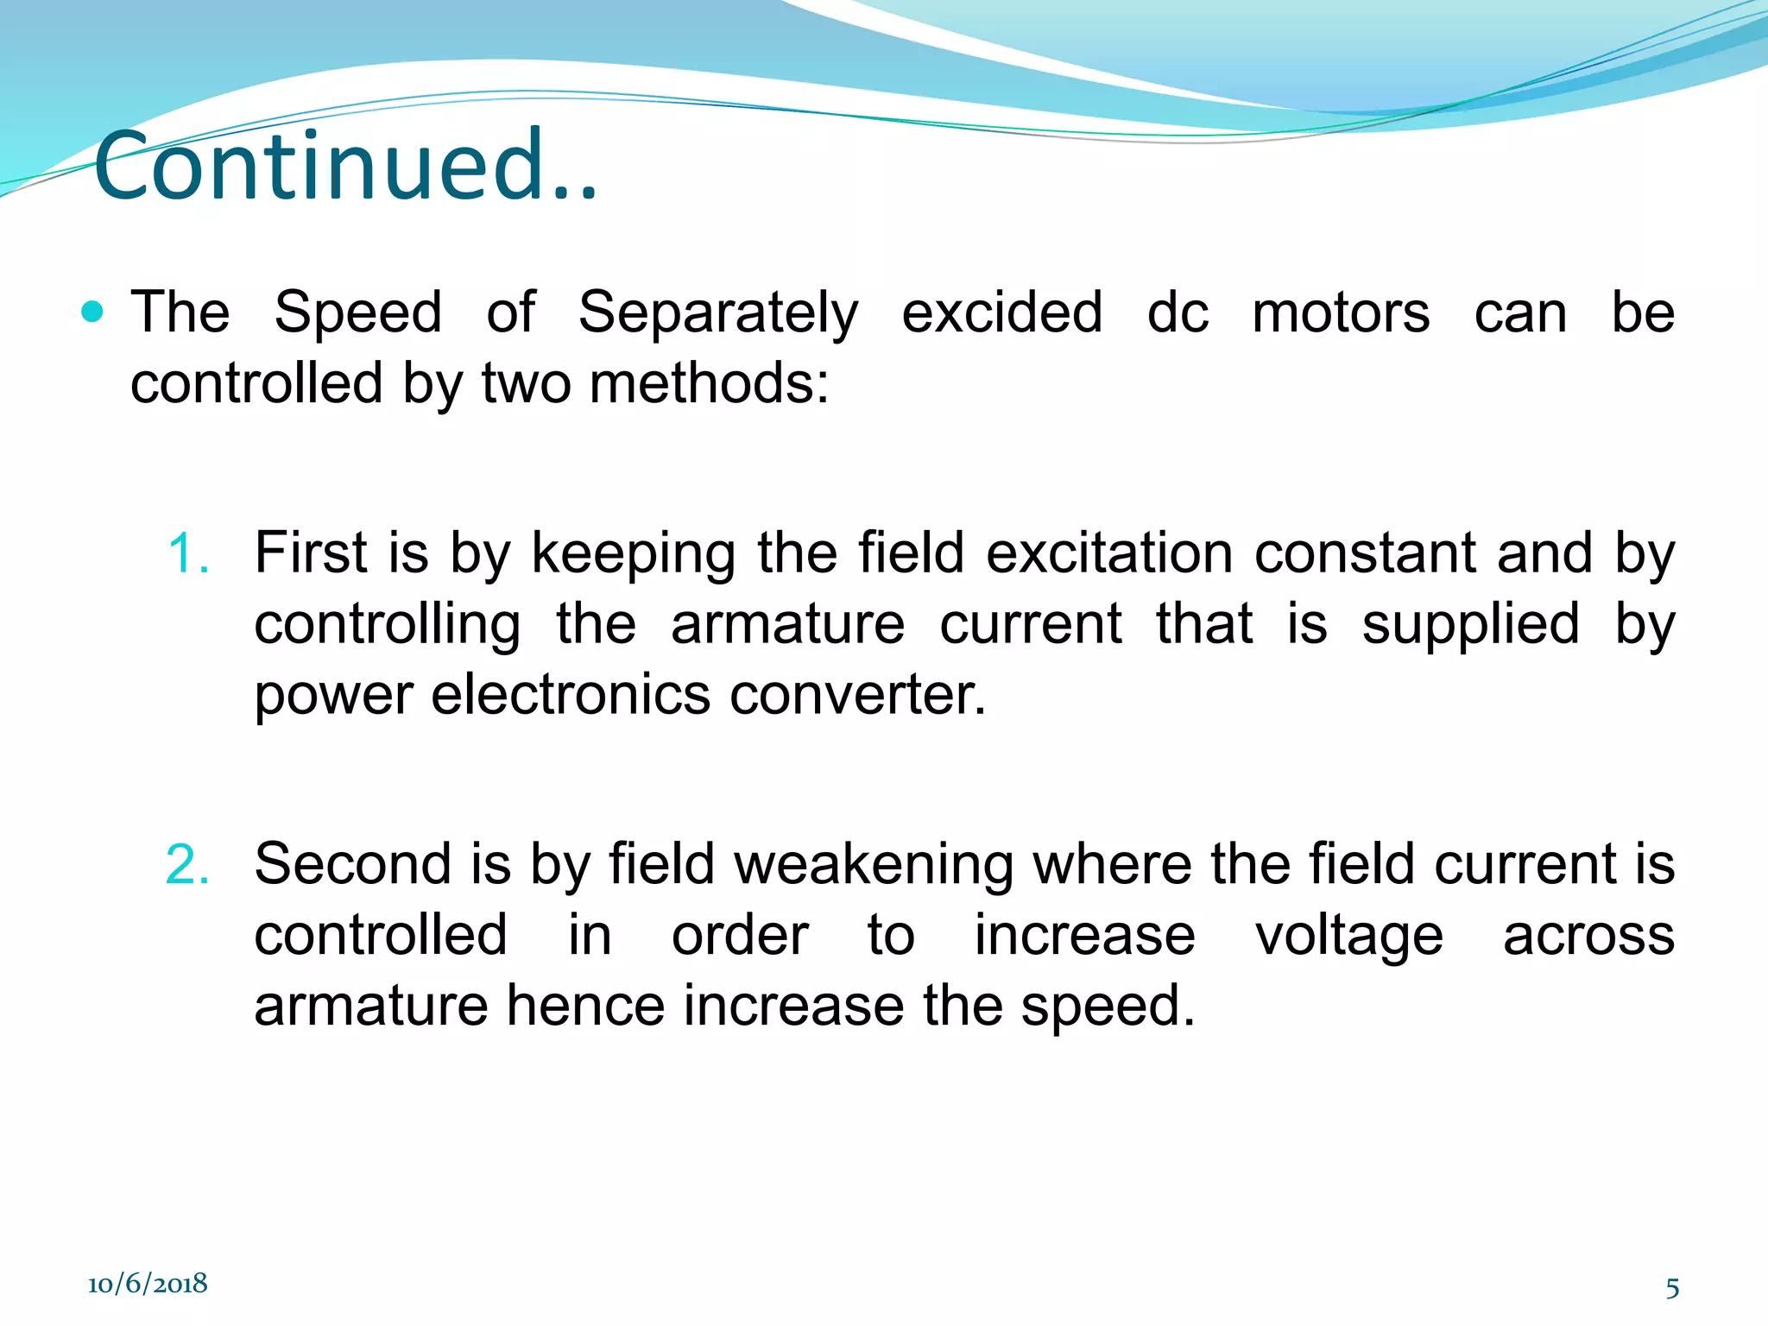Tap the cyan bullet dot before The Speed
tap(92, 311)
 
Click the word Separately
tap(718, 313)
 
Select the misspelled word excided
tap(1001, 313)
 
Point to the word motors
tap(1340, 313)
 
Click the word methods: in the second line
tap(708, 383)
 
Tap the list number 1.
tap(187, 553)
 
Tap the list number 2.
tap(187, 864)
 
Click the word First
tap(311, 552)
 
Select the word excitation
tap(1109, 552)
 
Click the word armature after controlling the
tap(787, 624)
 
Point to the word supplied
tap(1470, 624)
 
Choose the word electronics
tap(570, 695)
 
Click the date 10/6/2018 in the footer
tap(148, 1284)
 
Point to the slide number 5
tap(1672, 1288)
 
